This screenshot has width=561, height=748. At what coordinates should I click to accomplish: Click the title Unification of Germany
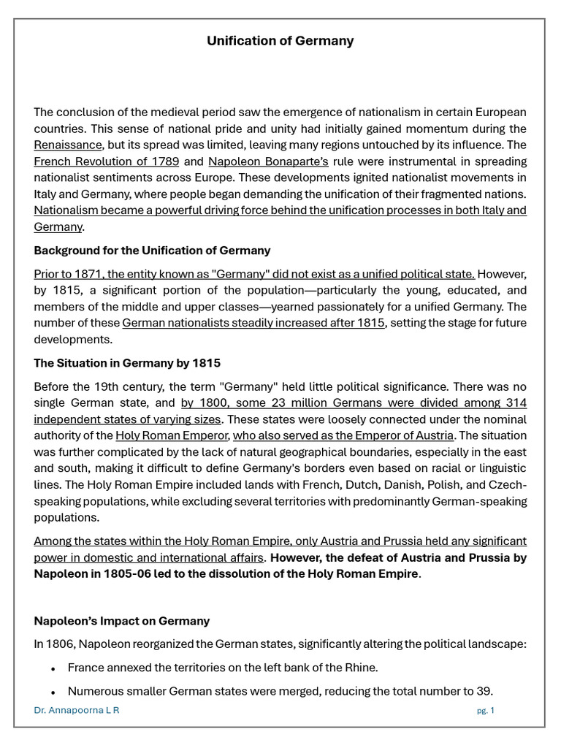280,41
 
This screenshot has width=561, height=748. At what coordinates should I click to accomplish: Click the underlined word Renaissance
68,145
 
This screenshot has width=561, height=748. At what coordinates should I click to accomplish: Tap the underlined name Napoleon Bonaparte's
268,161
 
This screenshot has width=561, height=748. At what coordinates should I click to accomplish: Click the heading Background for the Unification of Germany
152,251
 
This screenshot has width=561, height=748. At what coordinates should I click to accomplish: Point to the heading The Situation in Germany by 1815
127,363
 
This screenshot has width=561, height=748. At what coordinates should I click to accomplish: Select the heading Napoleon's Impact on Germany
121,621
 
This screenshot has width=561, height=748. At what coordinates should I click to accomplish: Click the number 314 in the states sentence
516,403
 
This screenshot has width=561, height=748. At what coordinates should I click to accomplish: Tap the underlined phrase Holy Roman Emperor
172,436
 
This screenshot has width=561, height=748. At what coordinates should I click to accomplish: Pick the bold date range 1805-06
178,573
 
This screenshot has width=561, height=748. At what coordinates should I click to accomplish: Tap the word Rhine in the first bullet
362,668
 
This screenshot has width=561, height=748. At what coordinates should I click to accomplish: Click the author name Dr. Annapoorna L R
77,711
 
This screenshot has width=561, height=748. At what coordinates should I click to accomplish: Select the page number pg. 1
485,711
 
